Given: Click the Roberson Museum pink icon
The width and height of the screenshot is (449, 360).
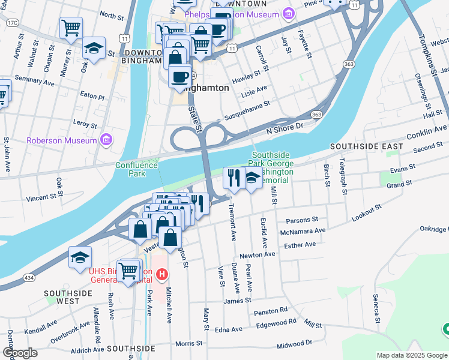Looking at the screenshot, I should (106, 140).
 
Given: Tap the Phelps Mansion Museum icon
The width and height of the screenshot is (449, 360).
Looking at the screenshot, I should (289, 13).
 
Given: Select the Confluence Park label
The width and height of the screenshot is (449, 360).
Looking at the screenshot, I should (136, 169).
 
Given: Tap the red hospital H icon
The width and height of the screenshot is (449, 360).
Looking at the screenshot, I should (161, 275).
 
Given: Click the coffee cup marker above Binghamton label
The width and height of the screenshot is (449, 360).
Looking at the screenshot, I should (179, 76).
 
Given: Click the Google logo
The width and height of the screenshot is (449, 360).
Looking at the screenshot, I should (20, 353).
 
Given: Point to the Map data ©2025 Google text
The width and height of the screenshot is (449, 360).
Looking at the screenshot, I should (412, 355).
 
